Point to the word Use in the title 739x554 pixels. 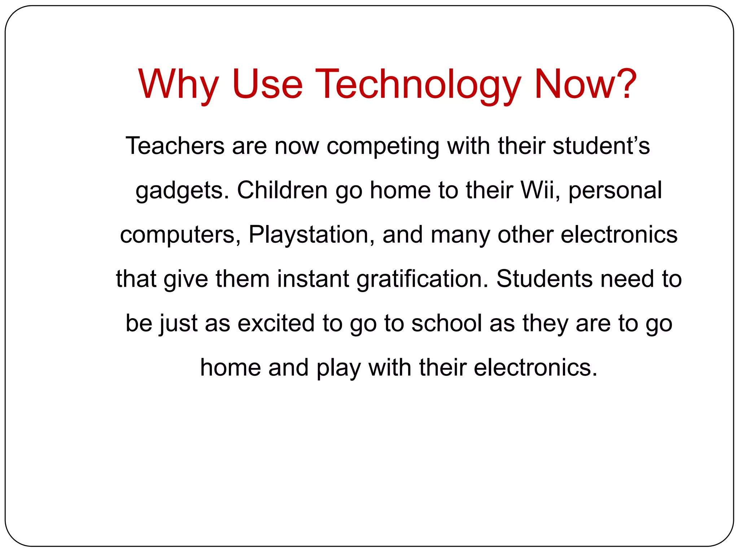(x=267, y=84)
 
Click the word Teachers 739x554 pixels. (x=175, y=146)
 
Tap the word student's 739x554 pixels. (x=601, y=146)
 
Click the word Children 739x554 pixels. (x=282, y=190)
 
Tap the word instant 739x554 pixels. (x=312, y=279)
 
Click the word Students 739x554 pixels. (x=545, y=279)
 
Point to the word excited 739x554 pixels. (x=276, y=323)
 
